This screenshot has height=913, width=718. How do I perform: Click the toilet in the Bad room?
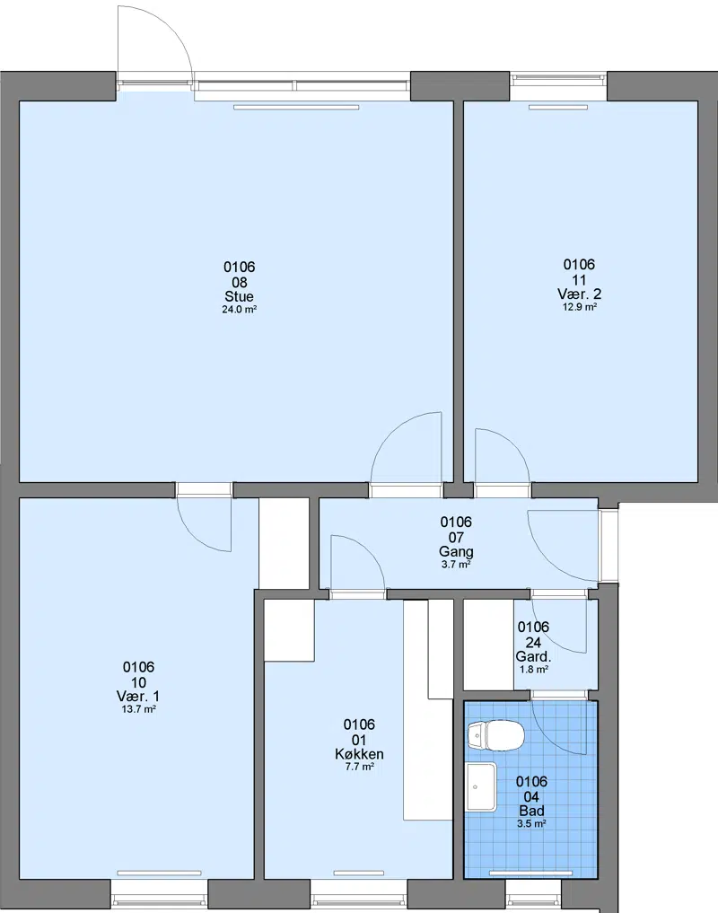point(495,735)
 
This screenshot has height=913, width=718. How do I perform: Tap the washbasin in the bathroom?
point(481,786)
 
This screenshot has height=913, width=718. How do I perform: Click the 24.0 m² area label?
point(240,310)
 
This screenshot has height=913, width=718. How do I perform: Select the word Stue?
point(240,296)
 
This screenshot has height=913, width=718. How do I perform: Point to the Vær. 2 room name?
point(579,294)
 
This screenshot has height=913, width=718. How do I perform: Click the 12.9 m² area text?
point(579,307)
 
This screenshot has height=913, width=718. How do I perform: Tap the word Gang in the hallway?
point(456,551)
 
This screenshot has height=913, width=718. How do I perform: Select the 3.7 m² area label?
point(456,565)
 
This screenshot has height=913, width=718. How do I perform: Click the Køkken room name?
point(359,754)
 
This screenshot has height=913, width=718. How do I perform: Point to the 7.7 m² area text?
point(359,768)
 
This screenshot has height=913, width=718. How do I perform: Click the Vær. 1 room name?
point(138,697)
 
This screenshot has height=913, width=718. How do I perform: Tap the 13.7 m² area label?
point(138,710)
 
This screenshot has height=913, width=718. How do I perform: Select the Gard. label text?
point(533,657)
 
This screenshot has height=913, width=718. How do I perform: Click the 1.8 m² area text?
point(533,670)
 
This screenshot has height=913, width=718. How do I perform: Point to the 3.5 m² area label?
point(531,824)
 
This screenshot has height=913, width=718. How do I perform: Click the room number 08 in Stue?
point(240,283)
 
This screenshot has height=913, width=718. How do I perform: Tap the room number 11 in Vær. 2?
point(579,280)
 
